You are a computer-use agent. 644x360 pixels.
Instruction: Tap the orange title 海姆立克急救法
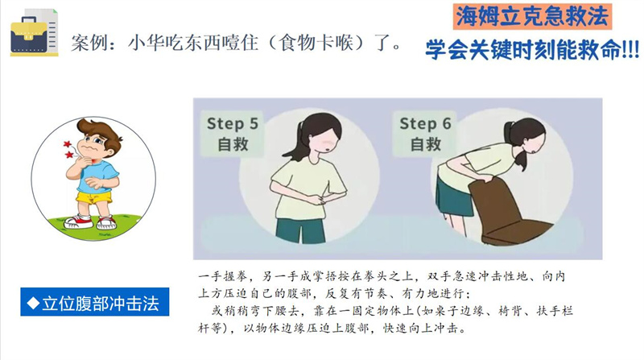click(532, 16)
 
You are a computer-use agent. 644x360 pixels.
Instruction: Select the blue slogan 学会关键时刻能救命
click(532, 50)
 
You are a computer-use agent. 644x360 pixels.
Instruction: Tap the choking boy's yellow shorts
click(94, 197)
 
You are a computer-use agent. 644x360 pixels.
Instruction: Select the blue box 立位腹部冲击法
click(95, 302)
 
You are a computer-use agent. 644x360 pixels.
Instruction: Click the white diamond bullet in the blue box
click(33, 304)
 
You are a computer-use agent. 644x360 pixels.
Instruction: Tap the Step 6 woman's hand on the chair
click(484, 178)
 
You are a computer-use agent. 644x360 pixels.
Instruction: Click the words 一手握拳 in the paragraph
click(222, 276)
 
